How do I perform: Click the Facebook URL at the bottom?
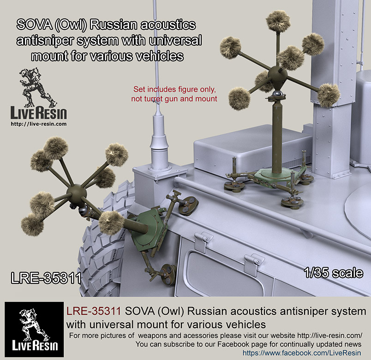[302, 353]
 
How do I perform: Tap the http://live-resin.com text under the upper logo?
[39, 124]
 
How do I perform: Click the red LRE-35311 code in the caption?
[94, 311]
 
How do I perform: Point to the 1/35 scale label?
[334, 273]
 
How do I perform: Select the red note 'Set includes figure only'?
[174, 89]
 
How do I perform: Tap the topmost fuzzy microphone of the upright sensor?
[278, 21]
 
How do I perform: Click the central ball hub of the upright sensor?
[277, 75]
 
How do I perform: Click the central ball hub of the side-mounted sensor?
[76, 193]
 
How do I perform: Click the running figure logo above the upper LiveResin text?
[37, 87]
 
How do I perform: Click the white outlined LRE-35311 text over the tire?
[46, 278]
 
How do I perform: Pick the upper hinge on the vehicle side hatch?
[203, 241]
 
